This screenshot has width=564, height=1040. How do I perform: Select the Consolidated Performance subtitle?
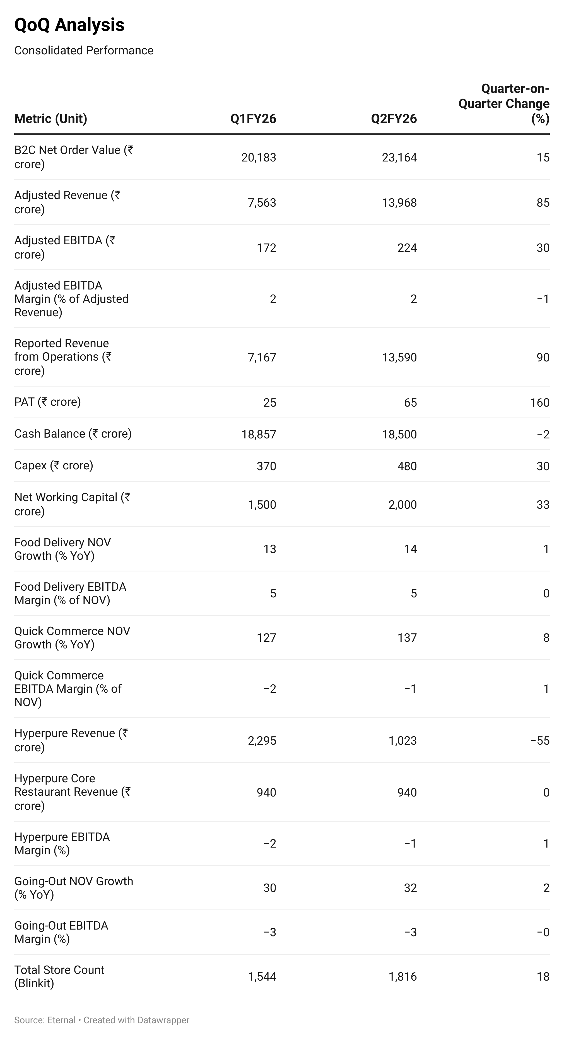coord(84,50)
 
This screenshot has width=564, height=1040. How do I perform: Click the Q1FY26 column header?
coord(253,119)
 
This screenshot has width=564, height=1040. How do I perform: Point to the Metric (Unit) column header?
coord(50,119)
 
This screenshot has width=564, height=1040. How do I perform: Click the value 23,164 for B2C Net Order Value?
coord(399,158)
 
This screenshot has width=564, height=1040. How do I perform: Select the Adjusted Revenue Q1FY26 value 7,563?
coord(262,203)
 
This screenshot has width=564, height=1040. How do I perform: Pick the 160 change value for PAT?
coord(539,402)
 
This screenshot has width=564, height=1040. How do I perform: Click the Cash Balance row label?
coord(73,434)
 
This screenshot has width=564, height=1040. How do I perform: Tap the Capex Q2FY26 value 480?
coord(407,466)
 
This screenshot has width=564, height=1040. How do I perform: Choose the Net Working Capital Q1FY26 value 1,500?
coord(262,505)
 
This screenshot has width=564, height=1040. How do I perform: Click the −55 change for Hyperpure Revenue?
coord(539,740)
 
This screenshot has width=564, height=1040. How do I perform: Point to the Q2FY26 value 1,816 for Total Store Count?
coord(402,977)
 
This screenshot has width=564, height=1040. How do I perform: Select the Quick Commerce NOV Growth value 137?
coord(407,638)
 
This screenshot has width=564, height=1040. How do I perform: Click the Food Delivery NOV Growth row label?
coord(62,549)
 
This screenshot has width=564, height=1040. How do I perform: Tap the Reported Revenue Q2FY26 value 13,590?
coord(399,357)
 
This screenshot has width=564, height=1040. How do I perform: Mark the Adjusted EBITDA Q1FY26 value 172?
coord(266,248)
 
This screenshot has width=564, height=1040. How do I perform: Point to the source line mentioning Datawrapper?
coord(102,1020)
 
